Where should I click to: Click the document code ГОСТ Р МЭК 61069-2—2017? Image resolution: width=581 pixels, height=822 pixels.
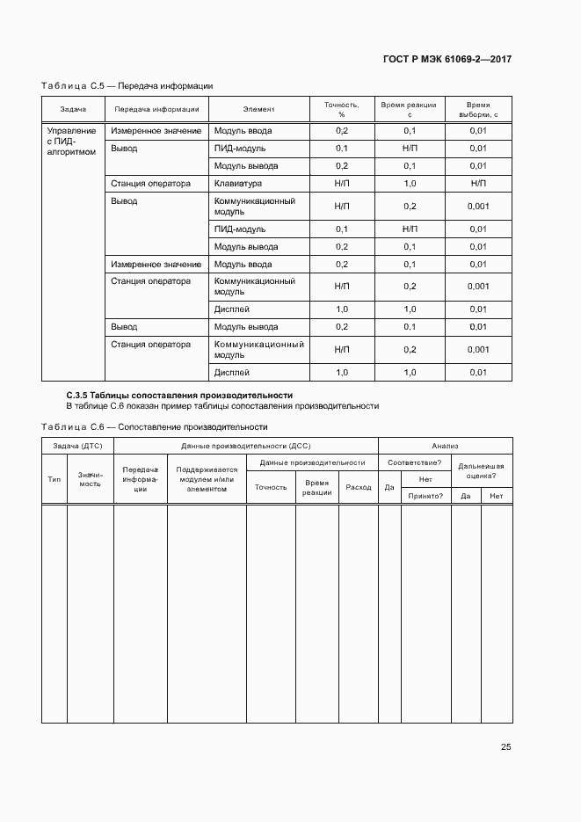(x=448, y=60)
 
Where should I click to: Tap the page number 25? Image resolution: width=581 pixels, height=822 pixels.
(x=505, y=747)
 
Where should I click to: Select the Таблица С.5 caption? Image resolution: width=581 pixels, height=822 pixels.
(x=127, y=86)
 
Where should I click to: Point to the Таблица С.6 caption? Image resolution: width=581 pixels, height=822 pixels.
(x=155, y=426)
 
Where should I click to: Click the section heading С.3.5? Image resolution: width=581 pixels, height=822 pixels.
(x=180, y=396)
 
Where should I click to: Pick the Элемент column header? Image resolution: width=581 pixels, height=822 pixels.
(x=258, y=109)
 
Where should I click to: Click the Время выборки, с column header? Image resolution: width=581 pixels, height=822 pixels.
(x=478, y=109)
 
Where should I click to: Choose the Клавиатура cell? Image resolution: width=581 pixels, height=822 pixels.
(x=238, y=184)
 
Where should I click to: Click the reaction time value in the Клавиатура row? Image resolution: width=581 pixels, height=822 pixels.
(x=410, y=184)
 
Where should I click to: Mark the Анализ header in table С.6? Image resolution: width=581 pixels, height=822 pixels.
(x=445, y=446)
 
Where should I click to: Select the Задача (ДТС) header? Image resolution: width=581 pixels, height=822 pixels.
(x=77, y=446)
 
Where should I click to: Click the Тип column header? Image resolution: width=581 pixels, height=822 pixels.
(x=54, y=478)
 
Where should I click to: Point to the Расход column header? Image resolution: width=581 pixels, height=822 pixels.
(x=358, y=487)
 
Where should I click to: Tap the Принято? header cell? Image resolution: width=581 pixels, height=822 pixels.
(x=425, y=496)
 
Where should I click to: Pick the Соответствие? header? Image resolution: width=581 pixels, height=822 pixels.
(x=414, y=462)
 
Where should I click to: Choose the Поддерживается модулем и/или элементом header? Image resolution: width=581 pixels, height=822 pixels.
(x=207, y=479)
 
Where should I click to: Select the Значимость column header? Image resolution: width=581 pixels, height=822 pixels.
(x=91, y=479)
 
